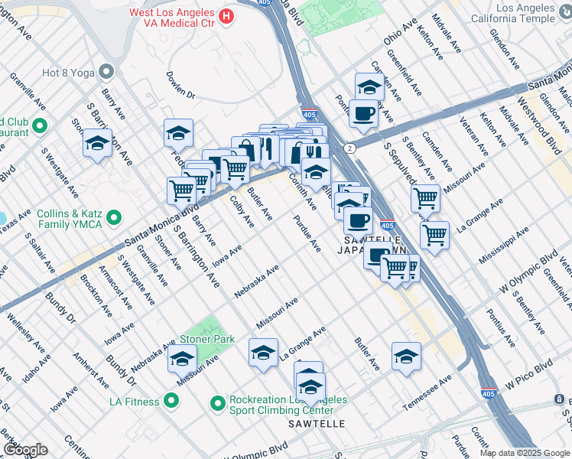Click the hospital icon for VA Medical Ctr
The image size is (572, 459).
[226, 15]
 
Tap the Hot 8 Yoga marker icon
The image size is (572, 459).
[106, 73]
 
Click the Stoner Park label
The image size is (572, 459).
[207, 338]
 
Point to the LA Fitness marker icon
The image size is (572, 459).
[171, 401]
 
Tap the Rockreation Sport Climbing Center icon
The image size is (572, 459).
[218, 401]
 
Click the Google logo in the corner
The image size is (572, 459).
[25, 449]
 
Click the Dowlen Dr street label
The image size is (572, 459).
[181, 85]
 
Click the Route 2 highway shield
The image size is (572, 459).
[349, 147]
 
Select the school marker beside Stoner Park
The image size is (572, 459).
[182, 356]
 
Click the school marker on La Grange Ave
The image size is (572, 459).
[262, 353]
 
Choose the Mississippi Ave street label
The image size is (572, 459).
[502, 244]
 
